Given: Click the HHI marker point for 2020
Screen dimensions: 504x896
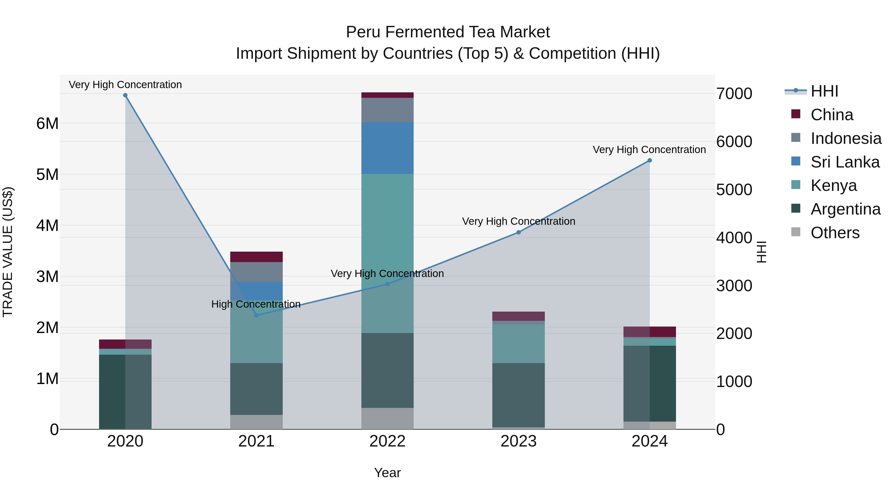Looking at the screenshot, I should point(125,95).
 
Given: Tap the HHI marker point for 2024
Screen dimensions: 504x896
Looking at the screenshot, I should point(649,160).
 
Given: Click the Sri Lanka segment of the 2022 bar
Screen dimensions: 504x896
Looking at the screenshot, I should point(388,148).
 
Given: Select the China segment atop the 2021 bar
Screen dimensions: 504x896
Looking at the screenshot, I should point(256,257).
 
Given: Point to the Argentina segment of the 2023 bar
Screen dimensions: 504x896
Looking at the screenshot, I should point(518,395).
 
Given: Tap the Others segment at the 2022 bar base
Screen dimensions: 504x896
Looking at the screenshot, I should point(388,418).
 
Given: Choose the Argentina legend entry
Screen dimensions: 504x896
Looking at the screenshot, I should point(845,209).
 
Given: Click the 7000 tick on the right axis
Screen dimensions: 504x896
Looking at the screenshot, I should point(734,94).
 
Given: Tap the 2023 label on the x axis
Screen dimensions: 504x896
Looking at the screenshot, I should point(518,441).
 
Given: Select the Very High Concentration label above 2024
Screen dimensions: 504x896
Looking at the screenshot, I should point(649,150).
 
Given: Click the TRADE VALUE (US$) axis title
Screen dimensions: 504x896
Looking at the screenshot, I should point(8,252).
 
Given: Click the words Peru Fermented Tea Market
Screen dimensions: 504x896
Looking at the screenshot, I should point(448,32).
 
